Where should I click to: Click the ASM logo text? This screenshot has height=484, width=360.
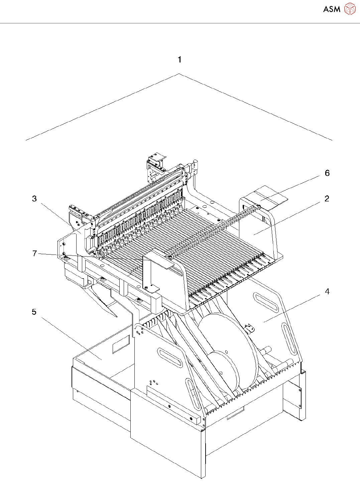click(x=332, y=9)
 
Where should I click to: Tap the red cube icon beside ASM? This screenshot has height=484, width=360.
click(x=350, y=9)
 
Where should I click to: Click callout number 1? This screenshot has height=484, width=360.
click(x=179, y=60)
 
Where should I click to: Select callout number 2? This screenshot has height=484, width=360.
click(x=327, y=199)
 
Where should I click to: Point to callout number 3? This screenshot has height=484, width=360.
click(x=34, y=199)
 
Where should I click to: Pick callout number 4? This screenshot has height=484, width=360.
click(x=327, y=292)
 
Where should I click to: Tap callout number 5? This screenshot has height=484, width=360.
click(x=34, y=312)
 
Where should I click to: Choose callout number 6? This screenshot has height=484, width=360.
click(x=327, y=173)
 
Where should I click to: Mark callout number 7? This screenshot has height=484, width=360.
click(x=34, y=254)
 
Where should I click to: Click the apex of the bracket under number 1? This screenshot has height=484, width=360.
click(x=179, y=74)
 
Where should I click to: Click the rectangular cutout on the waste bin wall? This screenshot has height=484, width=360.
click(x=121, y=344)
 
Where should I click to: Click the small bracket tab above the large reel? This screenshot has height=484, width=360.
click(x=249, y=328)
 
